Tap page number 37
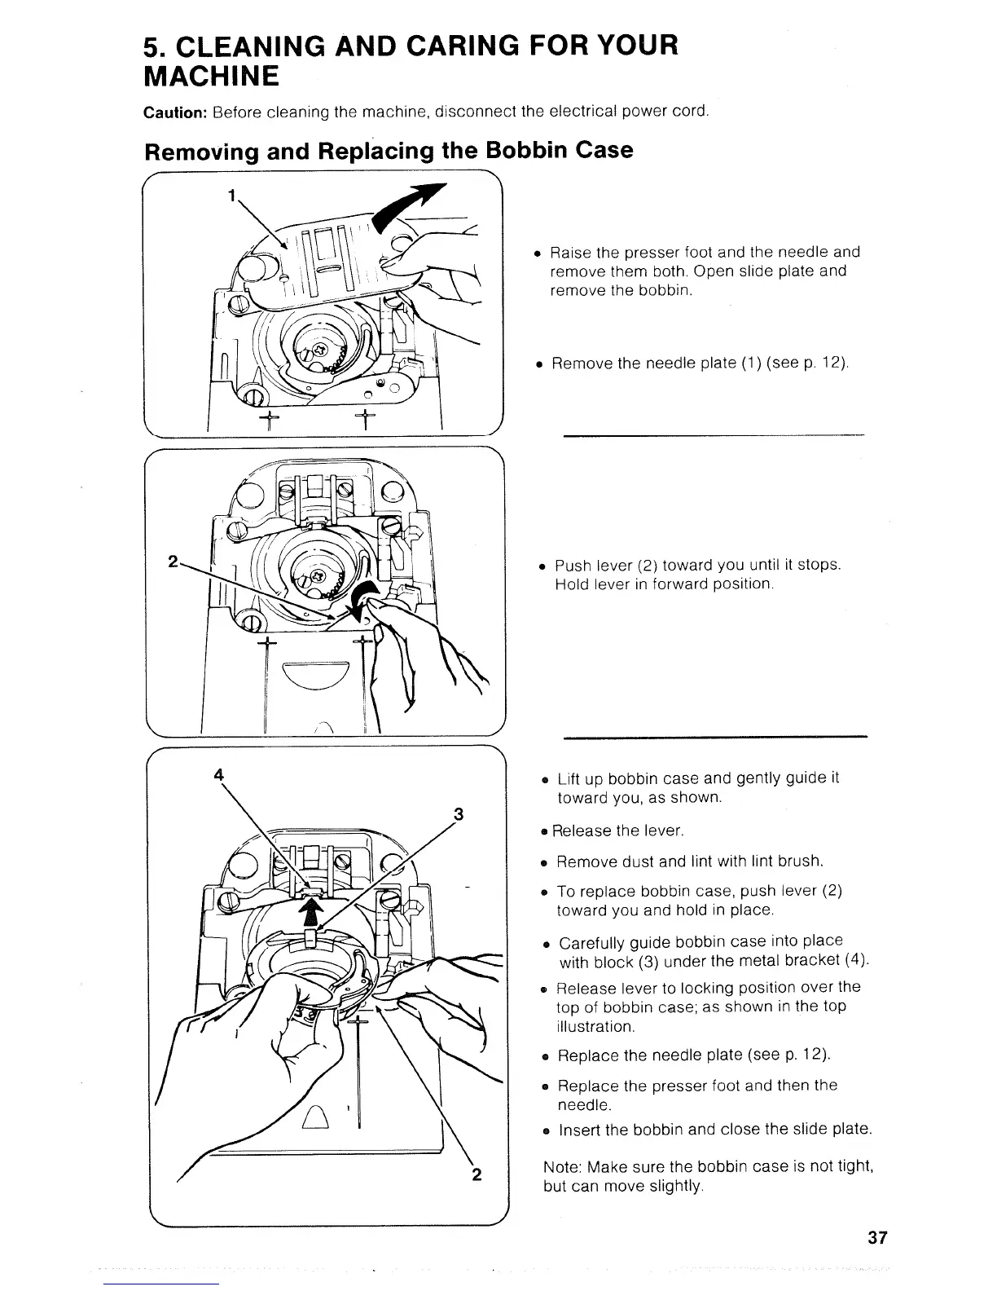coord(877,1238)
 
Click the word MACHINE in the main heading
coord(212,77)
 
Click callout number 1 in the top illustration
coord(232,196)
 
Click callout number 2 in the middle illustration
coord(173,562)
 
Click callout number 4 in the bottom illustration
coord(218,775)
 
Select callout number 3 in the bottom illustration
coord(459,813)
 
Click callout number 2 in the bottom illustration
coord(477,1174)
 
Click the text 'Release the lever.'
coord(617,831)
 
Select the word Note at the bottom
coord(561,1166)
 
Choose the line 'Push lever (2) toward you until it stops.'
coord(697,566)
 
